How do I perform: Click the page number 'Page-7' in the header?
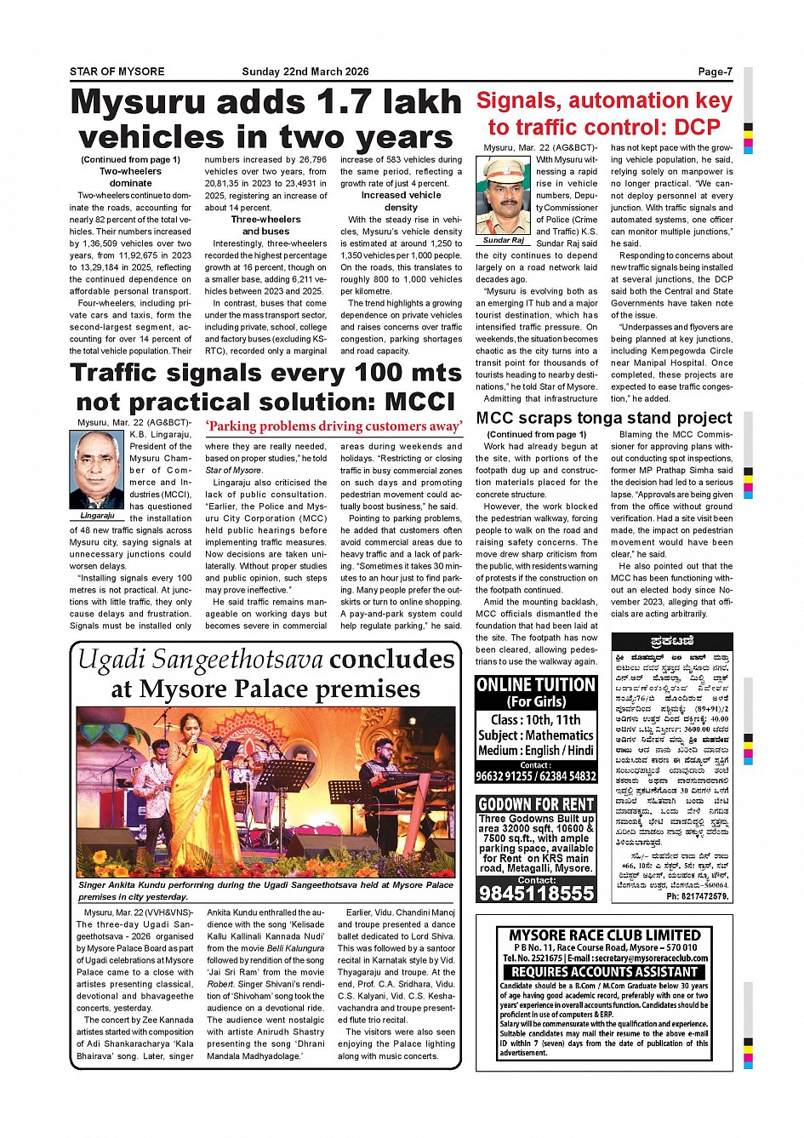coord(715,71)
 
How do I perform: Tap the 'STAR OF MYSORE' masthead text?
coord(117,71)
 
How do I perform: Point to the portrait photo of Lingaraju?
coord(98,470)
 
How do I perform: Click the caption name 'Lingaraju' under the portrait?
coord(98,516)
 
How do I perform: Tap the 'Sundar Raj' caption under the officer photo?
coord(503,241)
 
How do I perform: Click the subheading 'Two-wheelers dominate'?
coord(130,177)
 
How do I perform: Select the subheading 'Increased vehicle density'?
coord(401,201)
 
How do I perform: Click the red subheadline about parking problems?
coord(334,426)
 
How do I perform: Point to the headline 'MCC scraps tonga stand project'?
coord(603,418)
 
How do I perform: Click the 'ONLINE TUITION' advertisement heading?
coord(536,685)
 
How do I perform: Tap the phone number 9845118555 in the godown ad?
coord(536,893)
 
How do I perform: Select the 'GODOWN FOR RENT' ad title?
coord(536,804)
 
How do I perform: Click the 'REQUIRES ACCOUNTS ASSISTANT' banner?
coord(604,971)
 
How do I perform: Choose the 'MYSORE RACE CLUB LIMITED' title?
coord(604,935)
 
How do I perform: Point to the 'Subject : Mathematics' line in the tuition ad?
coord(536,735)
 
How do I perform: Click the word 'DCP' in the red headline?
coord(697,128)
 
